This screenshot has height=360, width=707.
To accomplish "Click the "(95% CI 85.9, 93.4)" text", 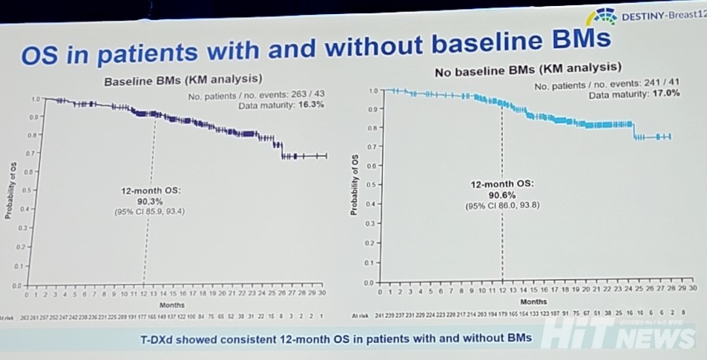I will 149,212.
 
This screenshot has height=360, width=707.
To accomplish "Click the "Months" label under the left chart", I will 175,304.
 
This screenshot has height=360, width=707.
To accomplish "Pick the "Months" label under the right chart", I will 533,302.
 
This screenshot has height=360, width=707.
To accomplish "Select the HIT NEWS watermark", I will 618,336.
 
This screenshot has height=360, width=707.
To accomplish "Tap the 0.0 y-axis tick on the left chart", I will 17,285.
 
